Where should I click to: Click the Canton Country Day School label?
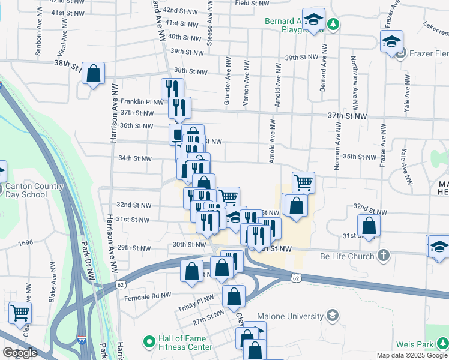34,190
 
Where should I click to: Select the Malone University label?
291,316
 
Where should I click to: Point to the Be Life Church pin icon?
384,256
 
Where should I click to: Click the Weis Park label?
415,345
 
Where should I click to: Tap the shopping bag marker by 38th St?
94,74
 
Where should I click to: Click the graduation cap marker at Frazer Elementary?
391,42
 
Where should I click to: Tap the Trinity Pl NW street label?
196,302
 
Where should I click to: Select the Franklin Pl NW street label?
142,101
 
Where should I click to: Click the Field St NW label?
251,3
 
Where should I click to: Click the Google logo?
20,353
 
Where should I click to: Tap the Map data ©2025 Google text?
411,355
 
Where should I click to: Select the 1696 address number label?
25,243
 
